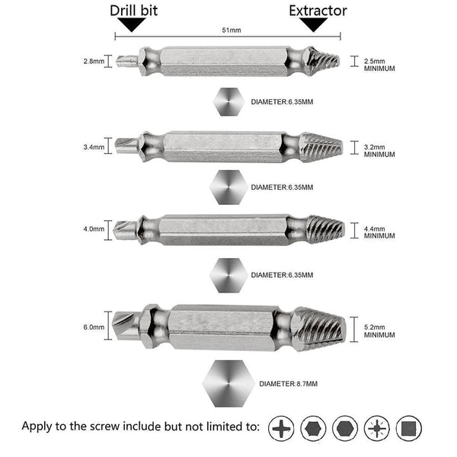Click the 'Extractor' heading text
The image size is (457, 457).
pyautogui.click(x=318, y=11)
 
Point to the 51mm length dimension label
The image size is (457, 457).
pyautogui.click(x=231, y=31)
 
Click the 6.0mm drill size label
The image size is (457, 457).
pyautogui.click(x=94, y=327)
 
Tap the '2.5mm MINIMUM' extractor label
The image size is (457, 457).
pyautogui.click(x=379, y=64)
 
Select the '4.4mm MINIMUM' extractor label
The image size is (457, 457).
pyautogui.click(x=379, y=232)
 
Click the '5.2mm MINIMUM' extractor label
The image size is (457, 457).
pyautogui.click(x=379, y=330)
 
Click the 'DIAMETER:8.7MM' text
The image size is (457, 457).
pyautogui.click(x=289, y=383)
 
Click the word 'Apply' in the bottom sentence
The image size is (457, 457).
pyautogui.click(x=40, y=426)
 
